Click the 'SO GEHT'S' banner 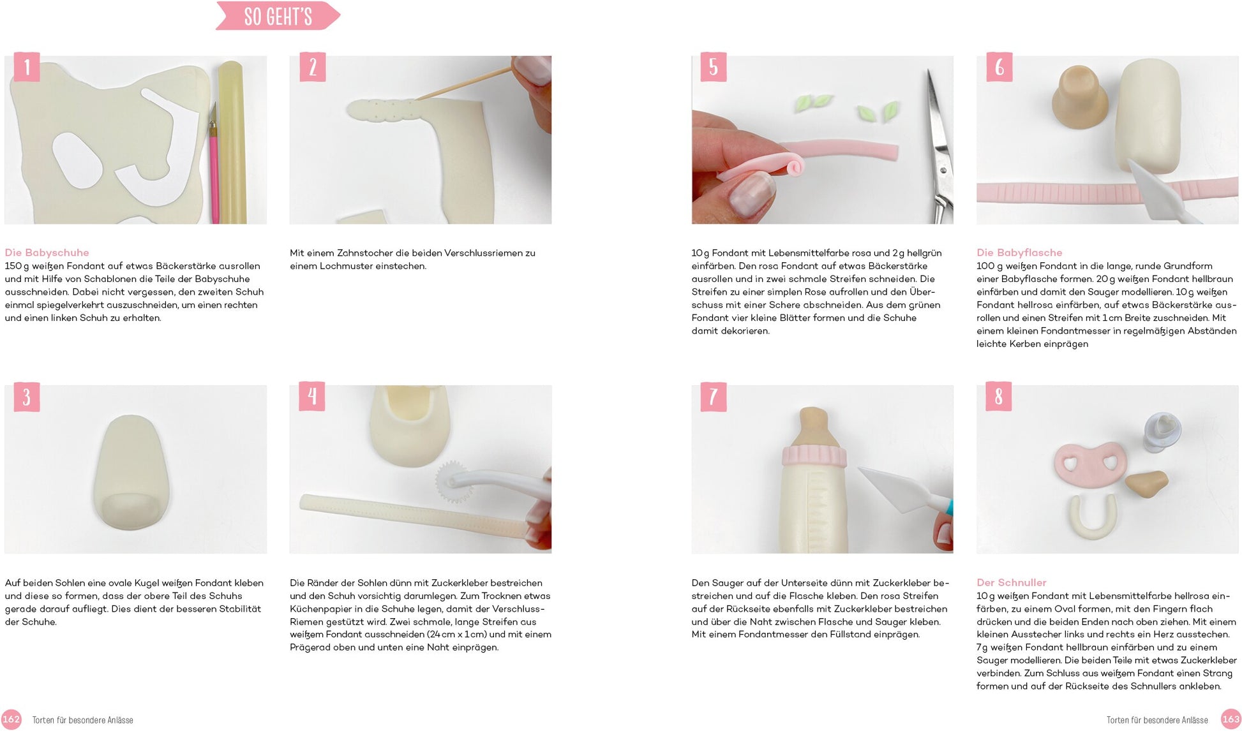click(278, 16)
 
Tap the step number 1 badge click(27, 67)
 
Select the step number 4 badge click(312, 397)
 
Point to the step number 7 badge click(714, 397)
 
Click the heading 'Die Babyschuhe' click(47, 253)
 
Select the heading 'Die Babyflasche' click(1019, 253)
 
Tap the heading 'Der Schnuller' click(1012, 582)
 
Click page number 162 click(11, 720)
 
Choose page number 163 click(1231, 720)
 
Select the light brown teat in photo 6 click(1080, 97)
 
